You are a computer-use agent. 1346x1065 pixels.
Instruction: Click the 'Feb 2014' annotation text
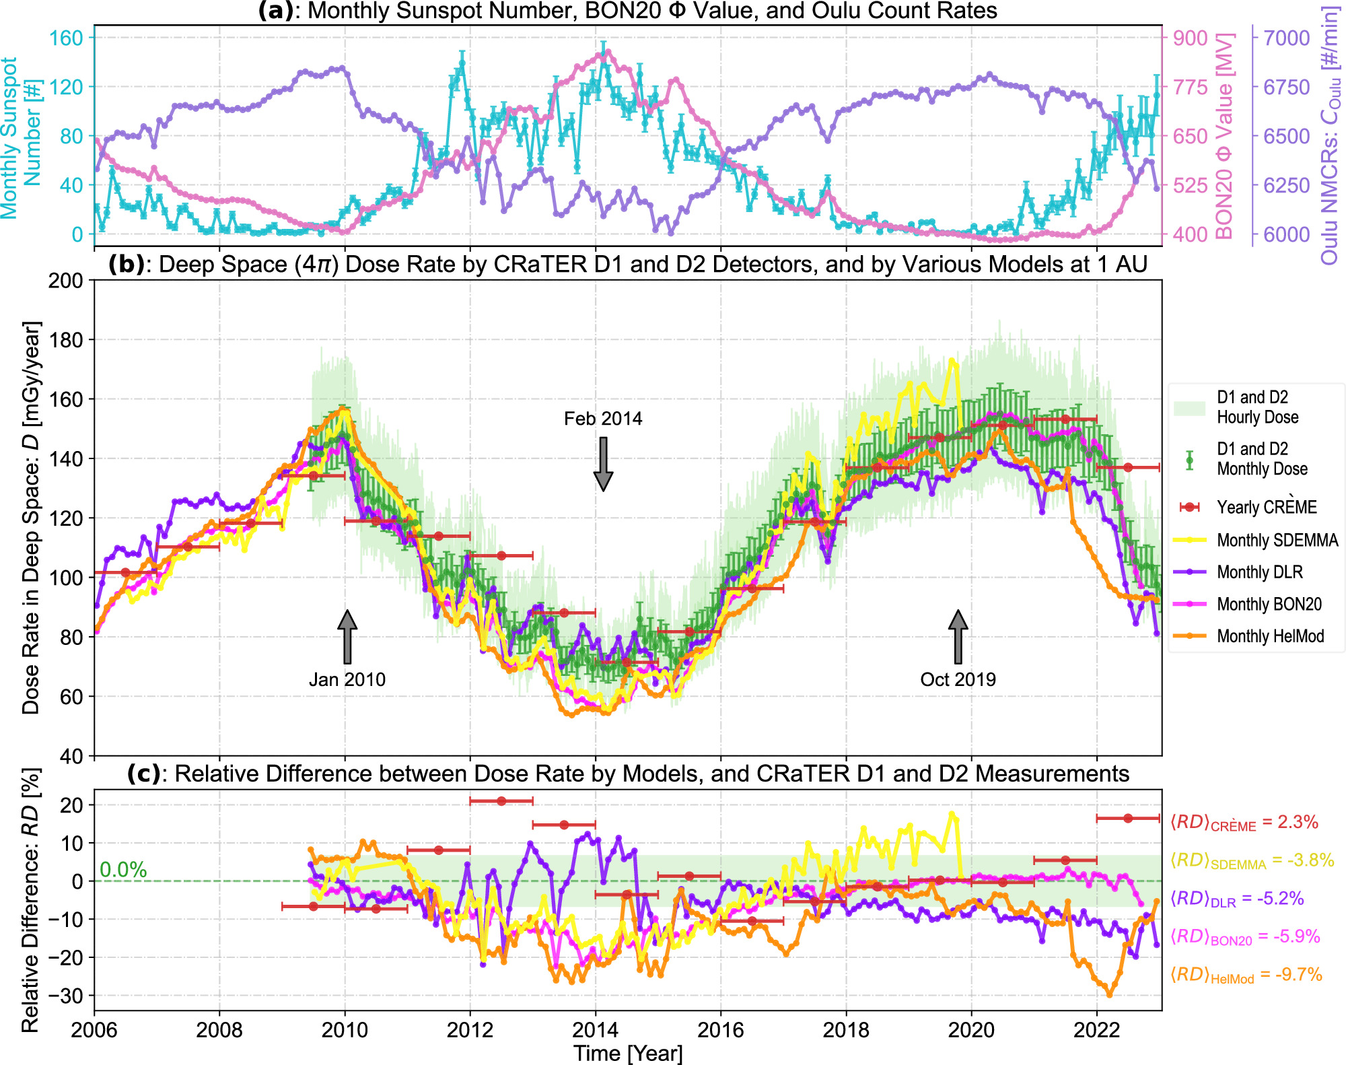(602, 419)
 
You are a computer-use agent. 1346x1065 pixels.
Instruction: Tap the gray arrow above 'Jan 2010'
(347, 637)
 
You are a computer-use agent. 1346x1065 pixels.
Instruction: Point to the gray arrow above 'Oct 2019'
(958, 637)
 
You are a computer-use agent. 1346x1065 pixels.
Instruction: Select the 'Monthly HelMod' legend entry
(1269, 636)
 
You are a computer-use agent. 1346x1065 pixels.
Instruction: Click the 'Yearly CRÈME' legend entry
(1266, 507)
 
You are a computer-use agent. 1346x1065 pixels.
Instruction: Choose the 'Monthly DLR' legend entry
(1259, 572)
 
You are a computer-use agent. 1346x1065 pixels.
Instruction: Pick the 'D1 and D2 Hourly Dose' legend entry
(1256, 407)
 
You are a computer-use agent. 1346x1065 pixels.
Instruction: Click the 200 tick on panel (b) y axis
(65, 281)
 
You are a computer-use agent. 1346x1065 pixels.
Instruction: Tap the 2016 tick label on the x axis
(720, 1030)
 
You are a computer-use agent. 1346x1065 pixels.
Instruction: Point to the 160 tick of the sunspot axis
(66, 38)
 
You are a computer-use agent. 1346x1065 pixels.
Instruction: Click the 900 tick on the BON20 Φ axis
(1190, 38)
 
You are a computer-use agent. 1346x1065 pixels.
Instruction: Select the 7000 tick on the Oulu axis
(1286, 38)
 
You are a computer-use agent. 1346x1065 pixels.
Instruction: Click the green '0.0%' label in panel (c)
(123, 870)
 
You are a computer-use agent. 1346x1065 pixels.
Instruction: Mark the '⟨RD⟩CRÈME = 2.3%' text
(1244, 823)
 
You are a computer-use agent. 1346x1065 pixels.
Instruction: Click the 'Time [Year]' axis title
(627, 1053)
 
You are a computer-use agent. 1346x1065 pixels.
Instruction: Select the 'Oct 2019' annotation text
(958, 679)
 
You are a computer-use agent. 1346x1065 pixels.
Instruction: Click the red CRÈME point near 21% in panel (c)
(501, 801)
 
